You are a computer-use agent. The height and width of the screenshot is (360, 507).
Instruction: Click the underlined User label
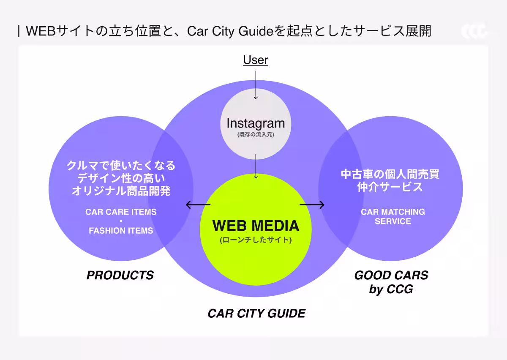click(x=256, y=60)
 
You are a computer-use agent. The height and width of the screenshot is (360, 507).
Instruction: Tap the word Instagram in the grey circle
click(x=256, y=123)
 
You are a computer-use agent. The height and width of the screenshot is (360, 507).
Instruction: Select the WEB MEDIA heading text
click(x=256, y=226)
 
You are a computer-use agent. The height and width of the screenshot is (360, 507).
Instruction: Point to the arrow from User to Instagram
click(x=256, y=85)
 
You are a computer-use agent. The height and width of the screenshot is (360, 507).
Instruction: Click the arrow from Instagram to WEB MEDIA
click(x=256, y=166)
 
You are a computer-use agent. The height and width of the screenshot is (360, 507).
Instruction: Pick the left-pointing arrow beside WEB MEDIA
click(x=198, y=205)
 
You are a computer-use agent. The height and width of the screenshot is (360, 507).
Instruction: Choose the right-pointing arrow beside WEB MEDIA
click(x=312, y=205)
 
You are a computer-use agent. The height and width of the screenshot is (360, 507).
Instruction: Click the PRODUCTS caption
click(x=120, y=275)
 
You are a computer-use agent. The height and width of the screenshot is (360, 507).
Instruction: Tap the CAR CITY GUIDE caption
click(x=256, y=314)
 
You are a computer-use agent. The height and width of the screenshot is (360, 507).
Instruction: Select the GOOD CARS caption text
click(x=391, y=275)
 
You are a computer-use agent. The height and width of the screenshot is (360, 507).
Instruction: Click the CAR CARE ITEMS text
click(x=121, y=212)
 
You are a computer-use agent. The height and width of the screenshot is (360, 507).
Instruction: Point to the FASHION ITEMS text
click(x=121, y=231)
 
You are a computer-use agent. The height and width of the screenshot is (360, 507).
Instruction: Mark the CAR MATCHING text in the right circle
click(x=393, y=212)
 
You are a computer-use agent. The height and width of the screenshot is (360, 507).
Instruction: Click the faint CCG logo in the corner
click(x=474, y=31)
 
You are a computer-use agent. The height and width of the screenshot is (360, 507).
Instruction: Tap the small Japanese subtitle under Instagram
click(x=256, y=134)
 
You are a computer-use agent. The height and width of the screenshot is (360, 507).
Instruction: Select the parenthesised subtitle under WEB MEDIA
click(x=256, y=240)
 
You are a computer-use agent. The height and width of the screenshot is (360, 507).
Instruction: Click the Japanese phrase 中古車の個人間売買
click(x=390, y=175)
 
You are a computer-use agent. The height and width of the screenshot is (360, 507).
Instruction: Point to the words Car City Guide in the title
click(x=230, y=31)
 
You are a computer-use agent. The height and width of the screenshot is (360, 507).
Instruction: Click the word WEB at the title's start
click(x=41, y=31)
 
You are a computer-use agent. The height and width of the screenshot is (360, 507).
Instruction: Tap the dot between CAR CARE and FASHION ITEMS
click(x=121, y=221)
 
